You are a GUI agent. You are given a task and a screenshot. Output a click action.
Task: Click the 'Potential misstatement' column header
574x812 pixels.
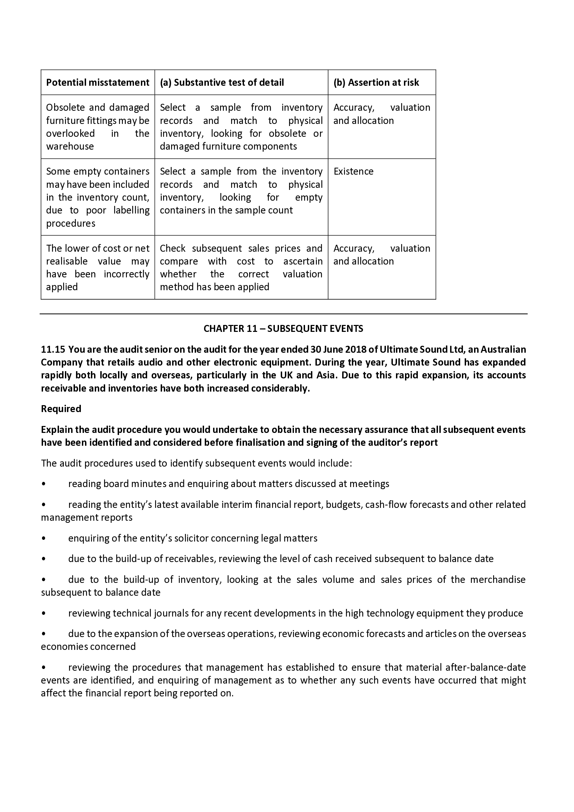98,82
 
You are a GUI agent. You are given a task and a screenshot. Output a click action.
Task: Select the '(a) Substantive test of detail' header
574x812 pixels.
222,82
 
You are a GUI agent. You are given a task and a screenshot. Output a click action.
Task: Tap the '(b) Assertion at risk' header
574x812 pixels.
376,82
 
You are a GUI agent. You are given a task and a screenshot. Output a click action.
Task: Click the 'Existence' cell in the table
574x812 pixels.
353,171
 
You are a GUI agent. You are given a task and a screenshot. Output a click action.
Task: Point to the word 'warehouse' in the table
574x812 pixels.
70,147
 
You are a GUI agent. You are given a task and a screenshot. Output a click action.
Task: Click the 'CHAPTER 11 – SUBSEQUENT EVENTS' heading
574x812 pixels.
283,328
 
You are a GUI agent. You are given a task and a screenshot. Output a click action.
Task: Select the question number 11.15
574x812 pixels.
53,350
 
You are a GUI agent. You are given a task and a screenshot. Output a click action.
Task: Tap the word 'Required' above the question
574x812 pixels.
61,409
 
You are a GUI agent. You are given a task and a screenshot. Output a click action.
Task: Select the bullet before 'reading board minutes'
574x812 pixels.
43,484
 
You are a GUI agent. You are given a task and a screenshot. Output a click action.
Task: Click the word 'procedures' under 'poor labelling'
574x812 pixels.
71,224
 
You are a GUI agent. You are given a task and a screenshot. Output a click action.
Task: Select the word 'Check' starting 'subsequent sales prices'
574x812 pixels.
172,248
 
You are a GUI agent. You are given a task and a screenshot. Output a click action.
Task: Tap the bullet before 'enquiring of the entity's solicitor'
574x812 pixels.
43,538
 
